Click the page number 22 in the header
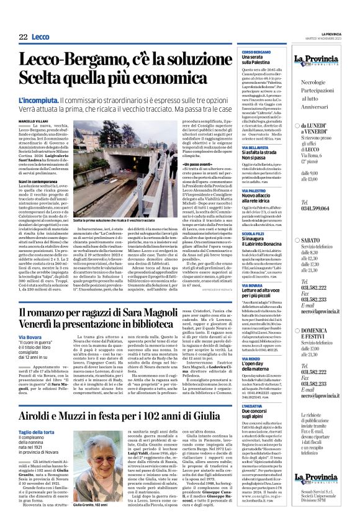(24, 37)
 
